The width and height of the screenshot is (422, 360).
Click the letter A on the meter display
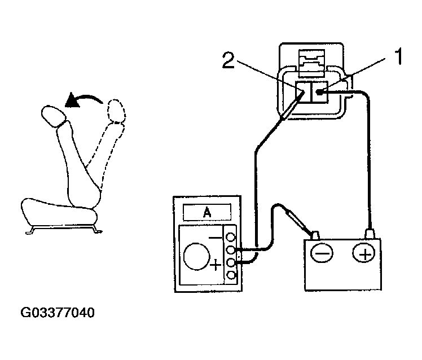(x=206, y=212)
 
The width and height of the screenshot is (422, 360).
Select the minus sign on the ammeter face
(x=216, y=238)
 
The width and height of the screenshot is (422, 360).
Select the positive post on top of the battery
(x=370, y=233)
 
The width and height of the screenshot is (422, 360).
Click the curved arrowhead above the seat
(x=72, y=102)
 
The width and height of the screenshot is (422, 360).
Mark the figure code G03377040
(x=58, y=311)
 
